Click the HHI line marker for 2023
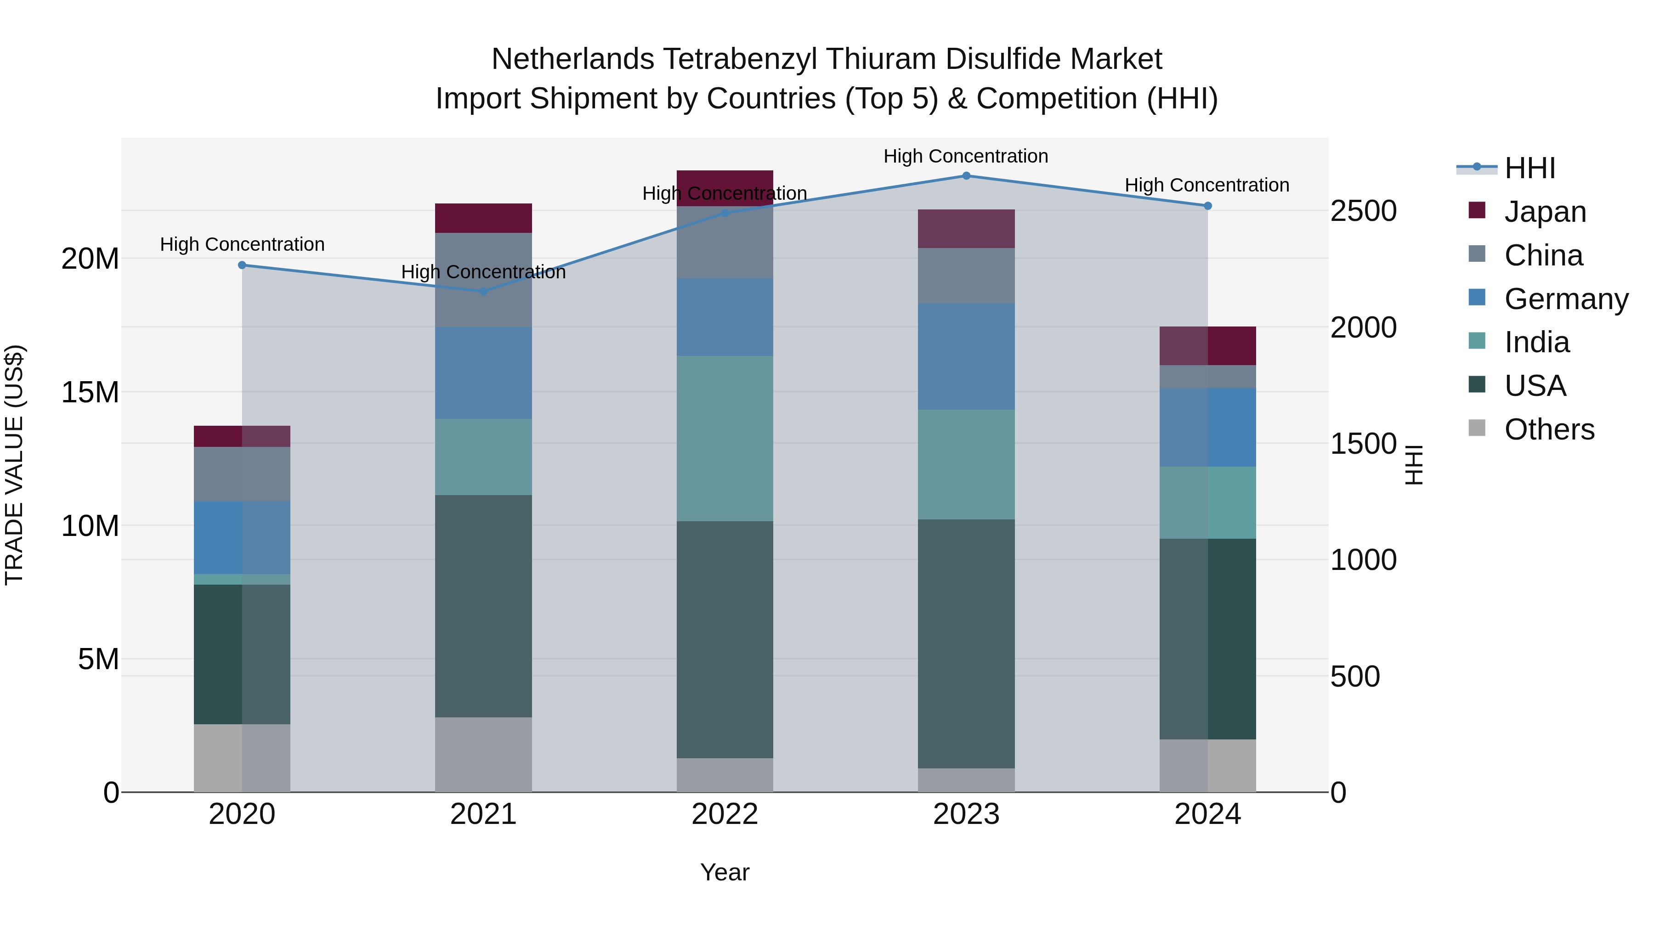(x=966, y=176)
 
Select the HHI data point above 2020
(x=242, y=265)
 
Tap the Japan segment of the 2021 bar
(x=483, y=218)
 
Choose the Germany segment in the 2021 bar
(x=483, y=372)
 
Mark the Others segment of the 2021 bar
(x=483, y=754)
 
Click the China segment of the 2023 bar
(x=966, y=276)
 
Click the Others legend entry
(x=1549, y=429)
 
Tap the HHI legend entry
(x=1529, y=168)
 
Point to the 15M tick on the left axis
(x=90, y=392)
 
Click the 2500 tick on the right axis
(x=1363, y=211)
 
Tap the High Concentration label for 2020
(x=242, y=244)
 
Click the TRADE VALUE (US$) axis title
(x=14, y=465)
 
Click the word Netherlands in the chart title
(x=573, y=59)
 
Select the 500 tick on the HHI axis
(x=1355, y=676)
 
